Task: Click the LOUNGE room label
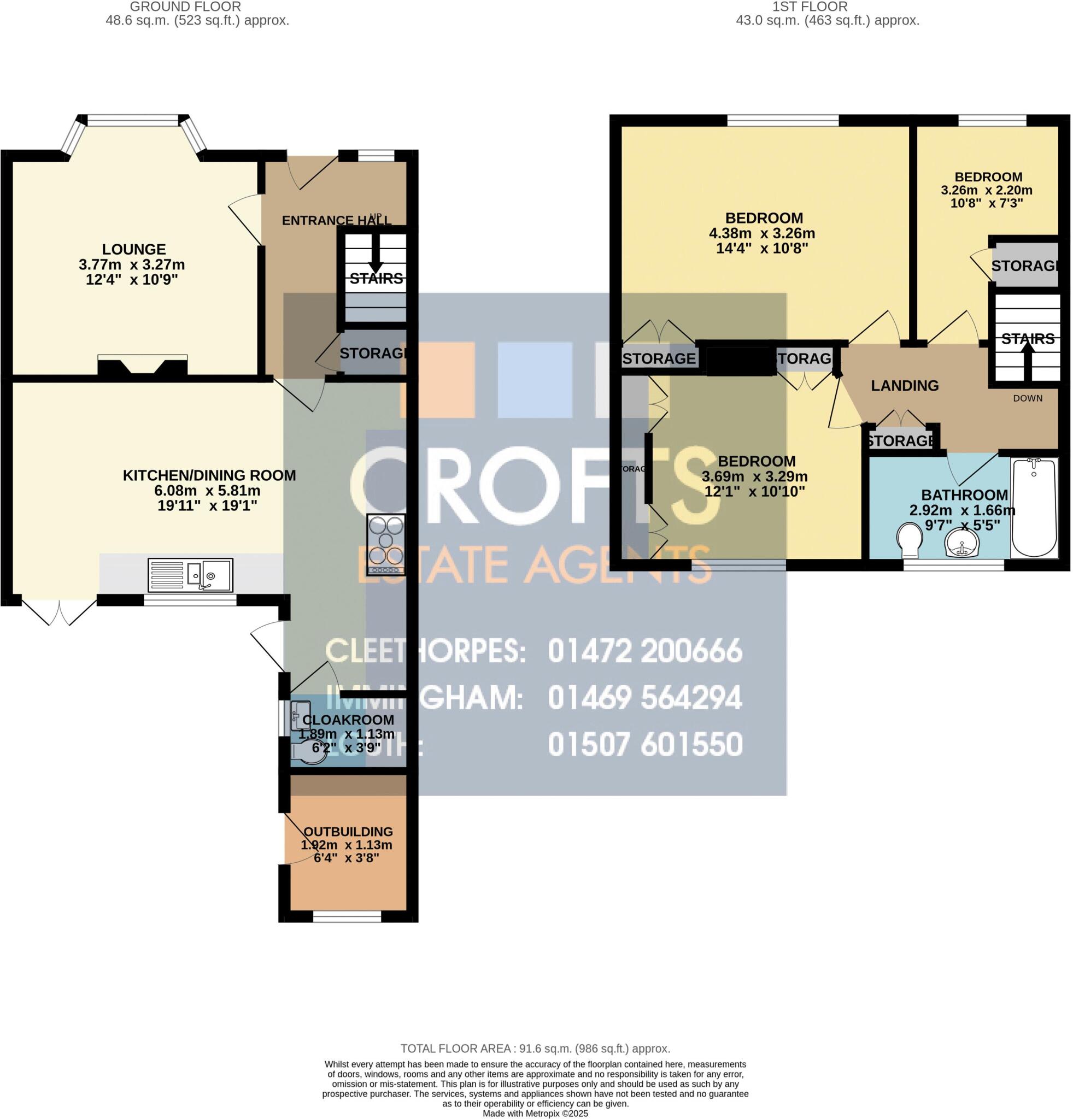point(133,249)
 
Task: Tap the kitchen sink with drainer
point(190,574)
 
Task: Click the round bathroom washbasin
point(962,542)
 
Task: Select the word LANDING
point(904,385)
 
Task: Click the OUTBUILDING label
point(348,832)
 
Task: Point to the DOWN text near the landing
point(1027,398)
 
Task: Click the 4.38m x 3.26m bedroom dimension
point(761,233)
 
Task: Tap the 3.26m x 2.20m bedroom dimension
point(986,190)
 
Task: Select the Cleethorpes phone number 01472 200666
point(644,651)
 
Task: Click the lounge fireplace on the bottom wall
point(142,365)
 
